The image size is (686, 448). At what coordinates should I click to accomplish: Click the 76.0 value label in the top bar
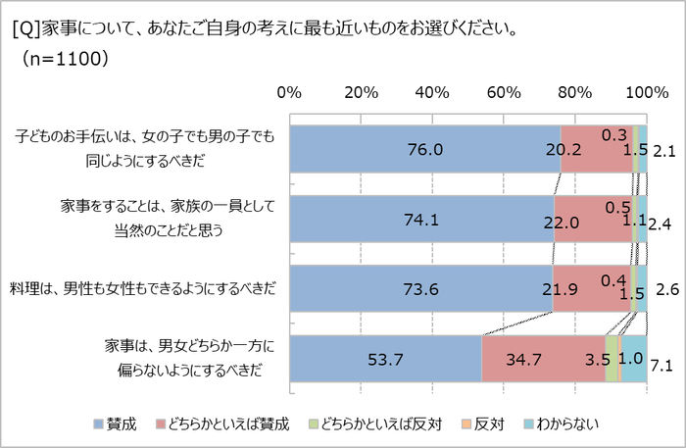(x=425, y=150)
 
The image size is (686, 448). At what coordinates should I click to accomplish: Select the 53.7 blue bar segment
(x=385, y=359)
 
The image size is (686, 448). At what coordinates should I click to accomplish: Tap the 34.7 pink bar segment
(x=543, y=359)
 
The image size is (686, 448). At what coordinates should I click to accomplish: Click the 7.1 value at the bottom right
(x=661, y=366)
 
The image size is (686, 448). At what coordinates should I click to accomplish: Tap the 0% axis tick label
(x=289, y=93)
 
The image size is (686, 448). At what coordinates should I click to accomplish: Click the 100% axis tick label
(x=646, y=93)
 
